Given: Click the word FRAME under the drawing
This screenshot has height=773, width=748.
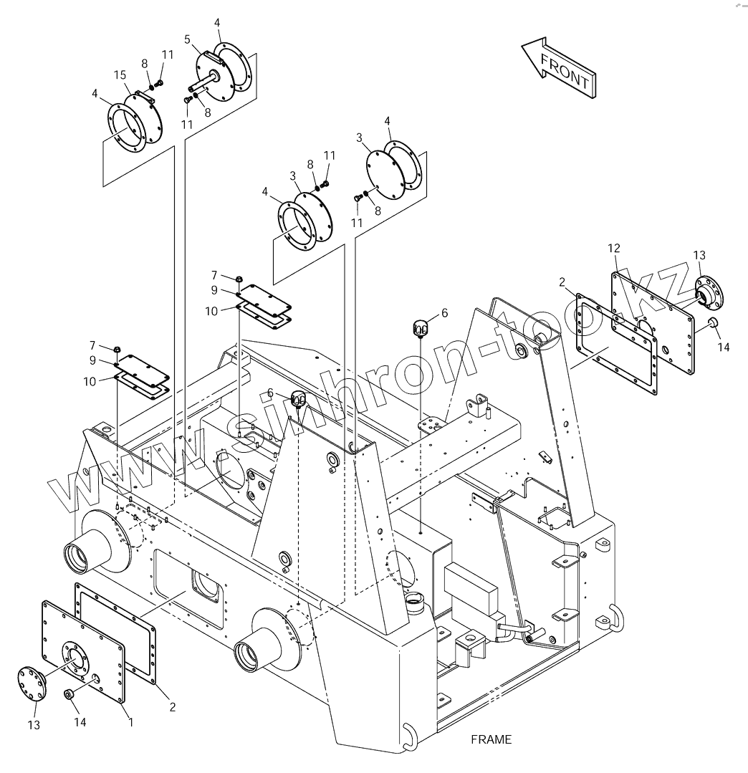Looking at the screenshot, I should pos(492,739).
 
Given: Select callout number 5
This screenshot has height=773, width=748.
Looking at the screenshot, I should pos(187,39).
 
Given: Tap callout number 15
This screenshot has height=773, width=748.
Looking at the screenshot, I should pos(120,75).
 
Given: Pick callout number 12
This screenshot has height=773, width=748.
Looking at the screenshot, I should pos(614,248).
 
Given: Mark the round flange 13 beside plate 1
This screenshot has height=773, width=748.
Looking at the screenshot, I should pos(32,683).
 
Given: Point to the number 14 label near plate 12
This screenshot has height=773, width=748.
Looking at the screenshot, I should pos(723,347).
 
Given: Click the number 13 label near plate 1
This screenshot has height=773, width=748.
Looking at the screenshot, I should pos(34,726).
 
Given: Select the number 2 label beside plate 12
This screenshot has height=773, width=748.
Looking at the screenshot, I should pos(562,282).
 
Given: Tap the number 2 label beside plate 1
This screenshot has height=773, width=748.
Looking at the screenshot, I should pos(173,706).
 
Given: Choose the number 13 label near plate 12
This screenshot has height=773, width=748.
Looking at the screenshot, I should pos(699,255).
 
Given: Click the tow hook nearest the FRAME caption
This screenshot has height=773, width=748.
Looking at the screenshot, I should pos(409,736).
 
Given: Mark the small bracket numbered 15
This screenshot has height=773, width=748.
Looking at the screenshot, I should pos(145,95).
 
